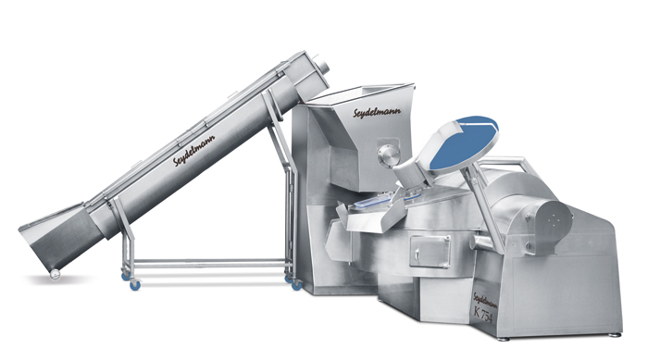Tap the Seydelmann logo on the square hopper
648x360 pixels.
coord(377,112)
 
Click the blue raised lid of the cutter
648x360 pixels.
coord(463,143)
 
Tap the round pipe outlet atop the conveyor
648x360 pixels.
coord(322,65)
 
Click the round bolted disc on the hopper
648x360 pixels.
coord(388,156)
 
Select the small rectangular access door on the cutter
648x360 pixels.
coord(430,252)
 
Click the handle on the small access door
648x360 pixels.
coord(417,252)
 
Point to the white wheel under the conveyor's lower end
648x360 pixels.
coord(55,274)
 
